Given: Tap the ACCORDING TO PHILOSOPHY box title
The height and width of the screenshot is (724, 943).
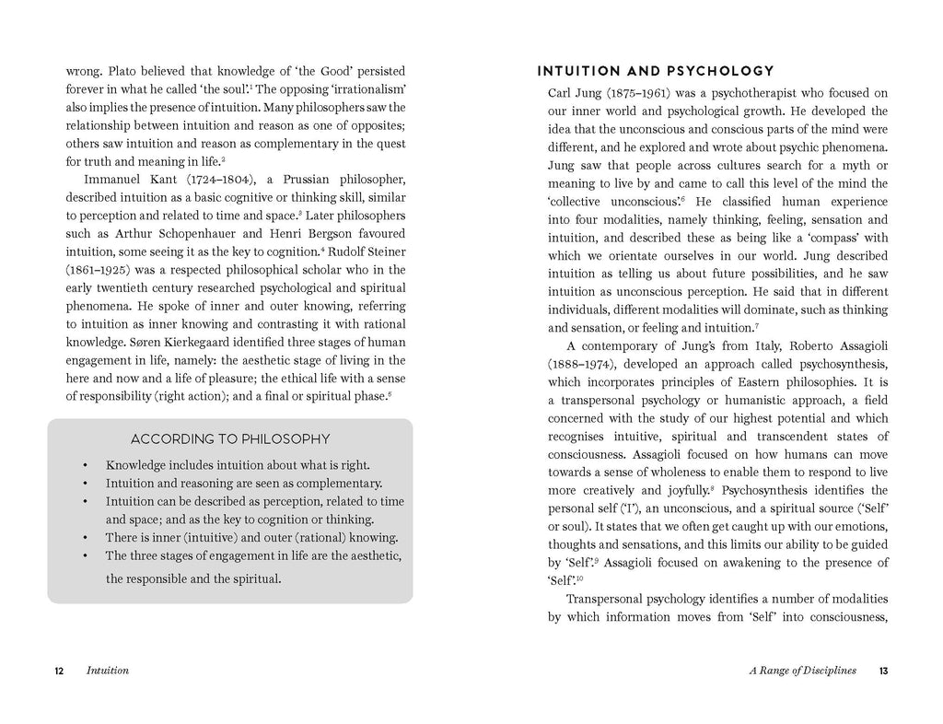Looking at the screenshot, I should click(230, 439).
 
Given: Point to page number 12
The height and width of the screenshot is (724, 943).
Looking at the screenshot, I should click(58, 671).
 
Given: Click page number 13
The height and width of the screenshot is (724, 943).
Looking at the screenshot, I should click(882, 671).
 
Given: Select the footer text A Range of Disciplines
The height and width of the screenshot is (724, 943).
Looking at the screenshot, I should click(802, 671).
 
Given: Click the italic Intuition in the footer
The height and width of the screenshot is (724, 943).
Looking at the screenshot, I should click(107, 671).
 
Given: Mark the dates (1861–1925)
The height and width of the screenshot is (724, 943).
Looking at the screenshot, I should click(99, 269).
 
